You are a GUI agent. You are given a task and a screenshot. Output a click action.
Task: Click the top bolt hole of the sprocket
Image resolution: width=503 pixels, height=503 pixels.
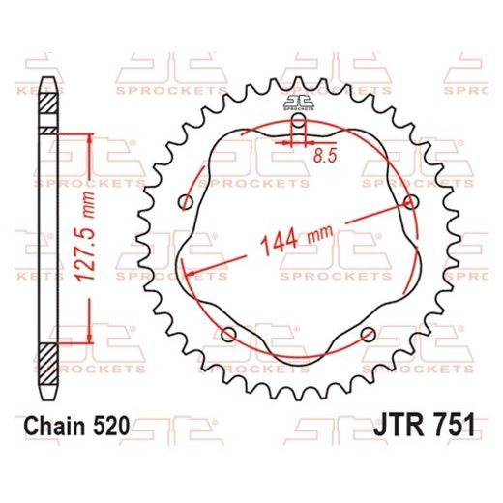point(299,124)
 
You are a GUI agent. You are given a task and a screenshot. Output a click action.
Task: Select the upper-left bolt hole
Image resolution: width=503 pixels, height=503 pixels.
point(186,201)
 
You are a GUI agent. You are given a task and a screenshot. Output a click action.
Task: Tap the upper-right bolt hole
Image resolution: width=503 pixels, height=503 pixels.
point(412,202)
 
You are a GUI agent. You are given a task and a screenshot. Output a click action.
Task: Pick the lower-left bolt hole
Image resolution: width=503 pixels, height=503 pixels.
point(229,335)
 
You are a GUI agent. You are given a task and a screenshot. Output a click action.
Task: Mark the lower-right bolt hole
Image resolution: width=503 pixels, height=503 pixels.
point(368,335)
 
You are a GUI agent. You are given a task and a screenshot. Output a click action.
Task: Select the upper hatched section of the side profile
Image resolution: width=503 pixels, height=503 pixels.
point(45,130)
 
